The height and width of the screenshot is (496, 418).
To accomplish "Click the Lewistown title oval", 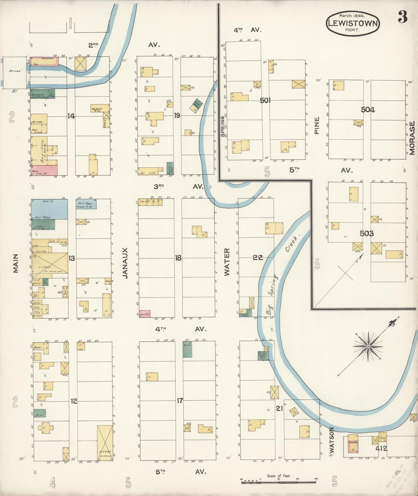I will (x=352, y=23).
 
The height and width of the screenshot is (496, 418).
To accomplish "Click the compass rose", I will (x=368, y=346).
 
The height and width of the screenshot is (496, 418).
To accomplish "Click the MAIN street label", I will (x=15, y=263).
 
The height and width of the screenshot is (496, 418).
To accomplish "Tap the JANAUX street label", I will (x=125, y=263).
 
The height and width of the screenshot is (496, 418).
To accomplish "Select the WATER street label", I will (x=227, y=262).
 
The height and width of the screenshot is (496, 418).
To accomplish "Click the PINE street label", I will (x=316, y=125).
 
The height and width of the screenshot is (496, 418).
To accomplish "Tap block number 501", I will (x=265, y=100).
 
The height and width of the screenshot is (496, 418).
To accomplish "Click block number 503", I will (x=367, y=233).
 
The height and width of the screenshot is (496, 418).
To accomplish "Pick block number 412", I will (x=382, y=449).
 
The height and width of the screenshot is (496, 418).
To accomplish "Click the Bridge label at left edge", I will (x=14, y=71).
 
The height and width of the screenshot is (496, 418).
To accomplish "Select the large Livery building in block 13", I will (x=50, y=263).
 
